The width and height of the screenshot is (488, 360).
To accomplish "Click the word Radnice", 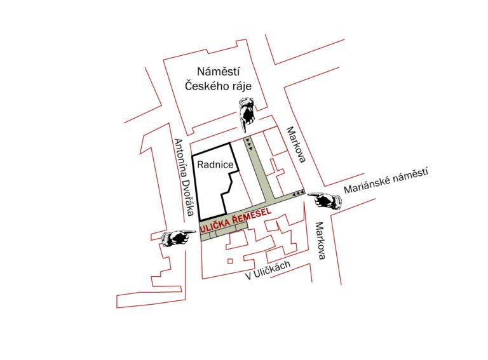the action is coord(215,164).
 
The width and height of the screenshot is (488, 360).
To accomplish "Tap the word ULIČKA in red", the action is coord(216,225).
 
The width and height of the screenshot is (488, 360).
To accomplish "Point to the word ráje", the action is coord(240,86).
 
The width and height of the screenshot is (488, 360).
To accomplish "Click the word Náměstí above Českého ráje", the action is coord(219,72).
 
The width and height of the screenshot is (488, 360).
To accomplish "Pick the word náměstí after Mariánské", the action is coord(410,174).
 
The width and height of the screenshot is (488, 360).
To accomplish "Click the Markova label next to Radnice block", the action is coord(296,144).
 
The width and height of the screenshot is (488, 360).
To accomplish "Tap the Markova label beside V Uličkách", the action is coord(320,241).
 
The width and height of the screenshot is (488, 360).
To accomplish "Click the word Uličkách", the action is coord(272,269).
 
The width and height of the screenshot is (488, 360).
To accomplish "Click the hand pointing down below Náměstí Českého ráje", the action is coord(247,114).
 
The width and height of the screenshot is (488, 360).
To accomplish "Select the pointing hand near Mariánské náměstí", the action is coord(324,200).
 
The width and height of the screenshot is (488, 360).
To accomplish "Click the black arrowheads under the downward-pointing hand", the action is coord(248,144).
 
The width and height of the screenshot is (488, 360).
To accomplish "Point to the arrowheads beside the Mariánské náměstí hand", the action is coord(298,194).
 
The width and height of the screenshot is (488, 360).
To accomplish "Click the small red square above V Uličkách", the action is coord(230,261).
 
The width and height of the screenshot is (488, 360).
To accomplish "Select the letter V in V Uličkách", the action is coord(248,276).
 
